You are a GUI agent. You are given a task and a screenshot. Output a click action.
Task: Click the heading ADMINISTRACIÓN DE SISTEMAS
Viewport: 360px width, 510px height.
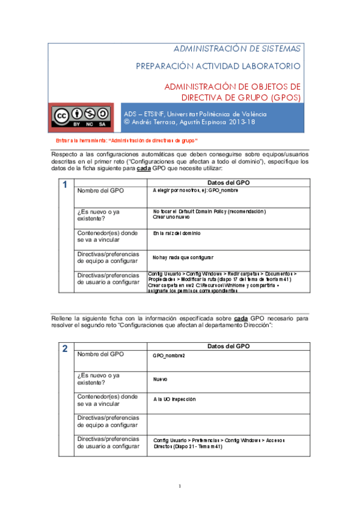pyautogui.click(x=237, y=48)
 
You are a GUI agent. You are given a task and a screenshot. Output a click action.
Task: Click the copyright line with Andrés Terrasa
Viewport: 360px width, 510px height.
pyautogui.click(x=189, y=122)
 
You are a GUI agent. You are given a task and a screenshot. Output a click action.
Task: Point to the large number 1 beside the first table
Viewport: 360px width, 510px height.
pyautogui.click(x=64, y=185)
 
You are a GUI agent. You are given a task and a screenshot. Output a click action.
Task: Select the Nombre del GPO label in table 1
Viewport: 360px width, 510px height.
pyautogui.click(x=100, y=190)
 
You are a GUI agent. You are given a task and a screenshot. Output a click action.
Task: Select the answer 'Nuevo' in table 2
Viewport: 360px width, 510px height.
pyautogui.click(x=160, y=379)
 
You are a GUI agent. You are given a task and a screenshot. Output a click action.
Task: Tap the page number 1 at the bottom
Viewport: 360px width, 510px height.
pyautogui.click(x=180, y=486)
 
